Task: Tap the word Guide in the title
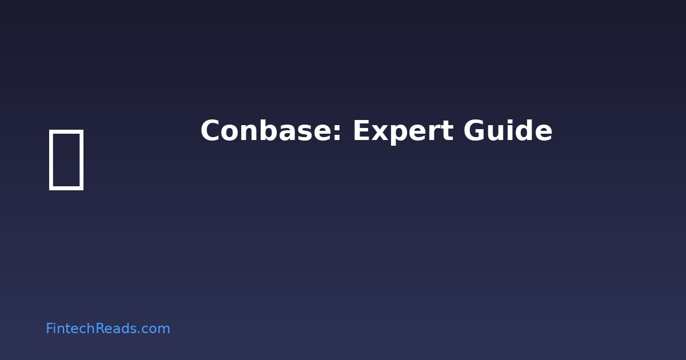click(508, 131)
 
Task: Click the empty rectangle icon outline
click(66, 159)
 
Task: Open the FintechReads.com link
click(107, 329)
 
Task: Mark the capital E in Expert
click(361, 131)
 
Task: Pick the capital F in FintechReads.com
click(49, 329)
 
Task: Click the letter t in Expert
click(444, 133)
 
